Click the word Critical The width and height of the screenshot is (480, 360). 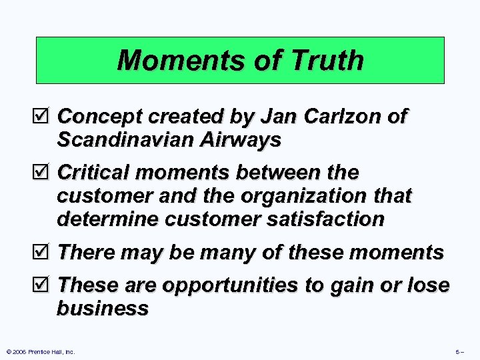[x=95, y=173]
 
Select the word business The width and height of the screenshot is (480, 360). [x=103, y=309]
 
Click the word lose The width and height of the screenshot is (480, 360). [x=427, y=285]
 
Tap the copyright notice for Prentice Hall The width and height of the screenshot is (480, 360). [x=40, y=351]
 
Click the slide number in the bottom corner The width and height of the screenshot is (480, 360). [x=460, y=351]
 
